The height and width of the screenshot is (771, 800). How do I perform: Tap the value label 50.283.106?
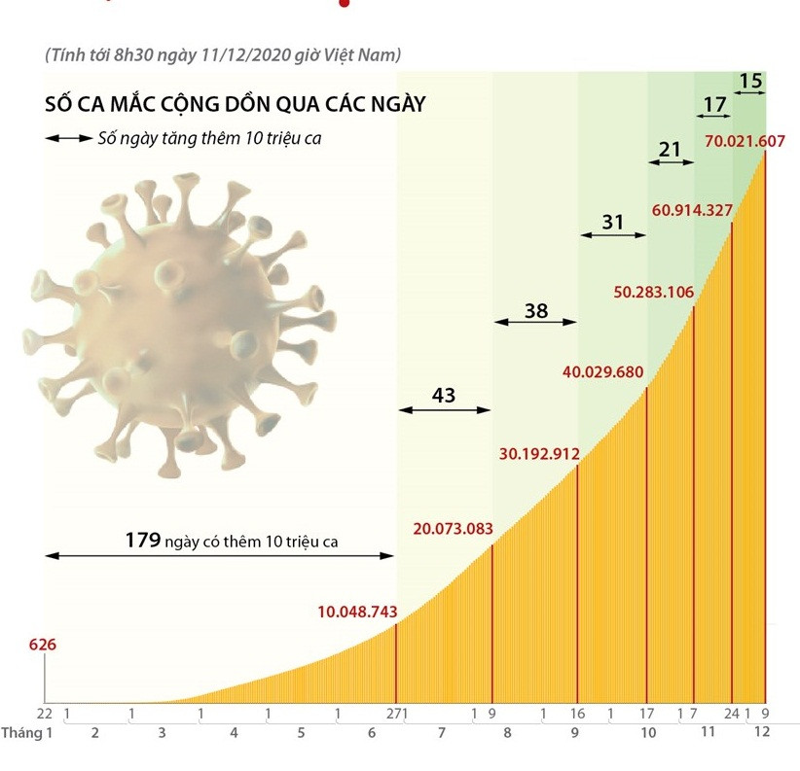[652, 291]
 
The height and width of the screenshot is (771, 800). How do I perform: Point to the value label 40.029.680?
[603, 371]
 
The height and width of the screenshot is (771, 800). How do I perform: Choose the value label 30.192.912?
[539, 453]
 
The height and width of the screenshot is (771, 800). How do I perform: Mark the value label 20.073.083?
[453, 530]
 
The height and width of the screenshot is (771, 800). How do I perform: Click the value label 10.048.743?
[357, 612]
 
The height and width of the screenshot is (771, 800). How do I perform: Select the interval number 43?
[444, 395]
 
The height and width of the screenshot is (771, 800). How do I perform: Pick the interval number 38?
[536, 311]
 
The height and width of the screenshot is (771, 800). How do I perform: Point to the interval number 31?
[612, 223]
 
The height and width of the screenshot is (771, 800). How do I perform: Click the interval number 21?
[670, 149]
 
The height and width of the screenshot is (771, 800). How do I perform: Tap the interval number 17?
[714, 102]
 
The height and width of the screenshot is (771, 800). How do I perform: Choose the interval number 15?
[750, 81]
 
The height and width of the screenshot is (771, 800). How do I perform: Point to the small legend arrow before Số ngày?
[67, 139]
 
